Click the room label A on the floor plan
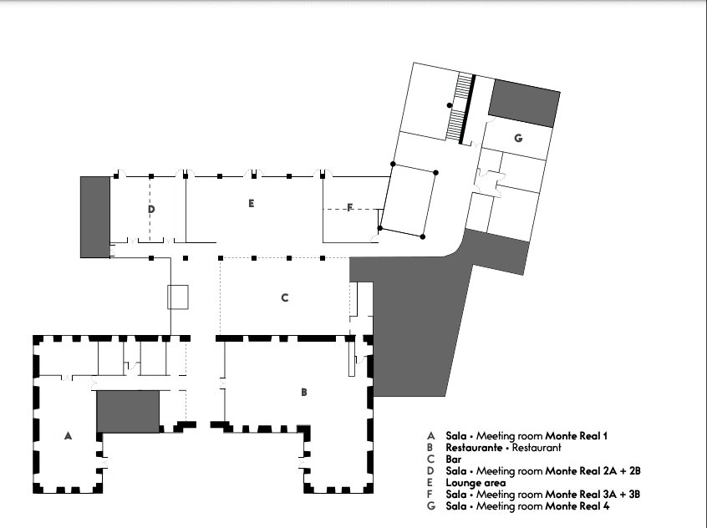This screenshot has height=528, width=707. [x=68, y=435]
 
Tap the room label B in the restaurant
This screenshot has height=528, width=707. [x=304, y=391]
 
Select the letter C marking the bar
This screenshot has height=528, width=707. [x=285, y=297]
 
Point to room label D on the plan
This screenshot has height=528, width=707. [x=151, y=208]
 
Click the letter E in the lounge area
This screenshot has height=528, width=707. [x=251, y=203]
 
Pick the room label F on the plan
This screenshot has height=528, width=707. [x=349, y=208]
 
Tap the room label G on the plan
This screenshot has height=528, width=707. [x=518, y=138]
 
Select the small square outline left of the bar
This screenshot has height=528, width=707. [x=178, y=297]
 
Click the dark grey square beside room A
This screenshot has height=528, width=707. [x=128, y=411]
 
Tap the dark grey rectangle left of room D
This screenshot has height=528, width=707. [x=94, y=216]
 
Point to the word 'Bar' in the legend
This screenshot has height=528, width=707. [x=455, y=459]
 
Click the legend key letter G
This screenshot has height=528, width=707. [x=431, y=506]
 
